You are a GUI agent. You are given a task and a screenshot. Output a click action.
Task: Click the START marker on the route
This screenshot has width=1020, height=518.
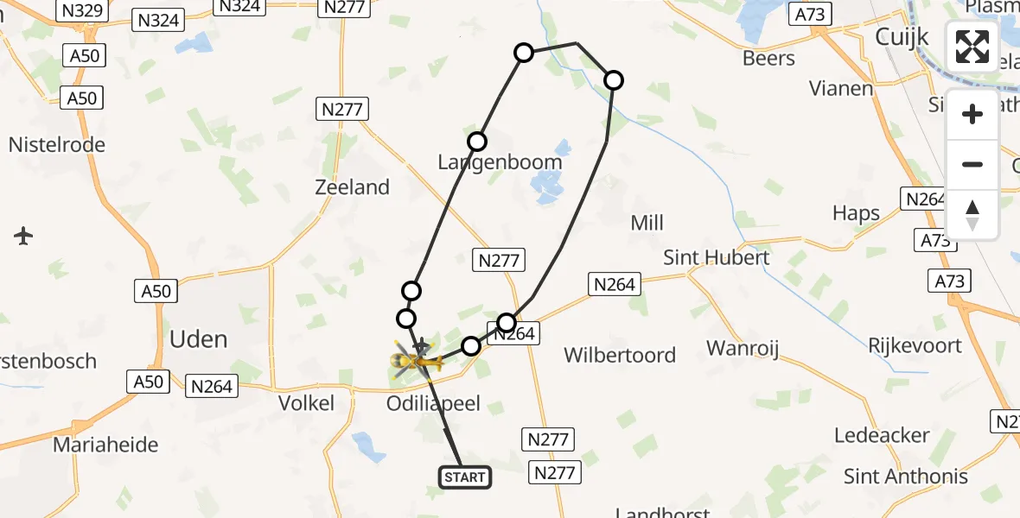[x=465, y=477]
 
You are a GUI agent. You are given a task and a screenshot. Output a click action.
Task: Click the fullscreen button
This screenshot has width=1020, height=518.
[x=972, y=47]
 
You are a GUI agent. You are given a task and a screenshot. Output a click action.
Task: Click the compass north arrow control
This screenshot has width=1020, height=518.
[x=972, y=215]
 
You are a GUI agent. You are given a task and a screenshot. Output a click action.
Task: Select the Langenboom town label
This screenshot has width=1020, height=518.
[x=500, y=162]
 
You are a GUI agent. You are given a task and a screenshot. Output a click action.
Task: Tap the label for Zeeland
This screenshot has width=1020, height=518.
[x=353, y=187]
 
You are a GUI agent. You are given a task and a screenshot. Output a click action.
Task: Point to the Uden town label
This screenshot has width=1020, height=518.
[x=199, y=339]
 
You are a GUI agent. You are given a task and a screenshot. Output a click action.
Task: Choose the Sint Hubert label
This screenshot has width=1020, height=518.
[x=716, y=257]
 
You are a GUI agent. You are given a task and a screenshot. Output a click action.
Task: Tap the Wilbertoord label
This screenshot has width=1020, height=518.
[x=621, y=355]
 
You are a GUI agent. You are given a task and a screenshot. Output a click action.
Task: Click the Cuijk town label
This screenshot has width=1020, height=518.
[x=902, y=37]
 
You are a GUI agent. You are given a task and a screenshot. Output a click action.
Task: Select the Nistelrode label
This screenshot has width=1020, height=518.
[x=57, y=144]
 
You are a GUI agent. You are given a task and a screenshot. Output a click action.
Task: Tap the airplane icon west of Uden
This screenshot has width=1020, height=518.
[x=23, y=235]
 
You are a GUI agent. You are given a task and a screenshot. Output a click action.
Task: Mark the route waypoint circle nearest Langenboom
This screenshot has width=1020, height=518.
[x=477, y=142]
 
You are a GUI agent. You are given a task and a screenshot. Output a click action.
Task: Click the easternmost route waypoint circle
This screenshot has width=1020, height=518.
[x=613, y=80]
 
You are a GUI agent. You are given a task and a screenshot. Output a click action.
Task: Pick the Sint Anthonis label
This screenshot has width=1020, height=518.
[x=906, y=476]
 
